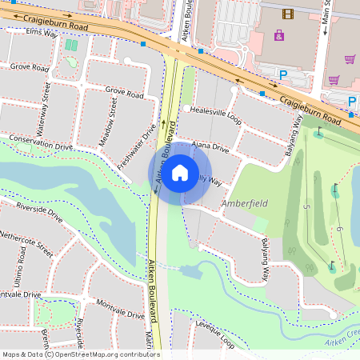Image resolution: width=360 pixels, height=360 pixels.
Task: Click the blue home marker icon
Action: point(180,172)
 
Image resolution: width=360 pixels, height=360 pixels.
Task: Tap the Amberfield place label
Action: point(244,204)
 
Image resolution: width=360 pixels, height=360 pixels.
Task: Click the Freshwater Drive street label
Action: point(137,150)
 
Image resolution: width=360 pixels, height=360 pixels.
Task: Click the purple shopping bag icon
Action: point(278,35)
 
